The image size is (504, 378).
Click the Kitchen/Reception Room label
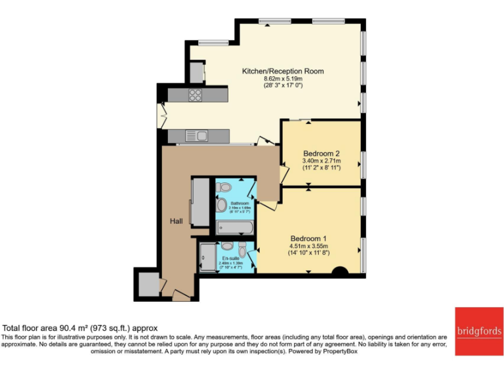click(283, 71)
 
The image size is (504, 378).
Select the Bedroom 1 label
click(308, 238)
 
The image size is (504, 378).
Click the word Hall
click(176, 221)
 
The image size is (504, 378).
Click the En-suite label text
click(230, 259)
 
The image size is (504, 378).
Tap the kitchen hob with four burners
click(196, 95)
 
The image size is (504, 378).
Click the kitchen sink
click(196, 136)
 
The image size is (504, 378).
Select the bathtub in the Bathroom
click(234, 228)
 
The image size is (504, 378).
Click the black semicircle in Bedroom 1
click(340, 271)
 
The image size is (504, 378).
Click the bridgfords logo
click(478, 331)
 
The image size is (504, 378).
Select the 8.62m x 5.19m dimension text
click(283, 79)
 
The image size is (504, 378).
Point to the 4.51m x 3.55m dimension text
click(308, 246)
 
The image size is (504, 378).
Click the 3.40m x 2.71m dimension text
click(321, 161)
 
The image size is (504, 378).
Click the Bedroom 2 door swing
click(283, 173)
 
